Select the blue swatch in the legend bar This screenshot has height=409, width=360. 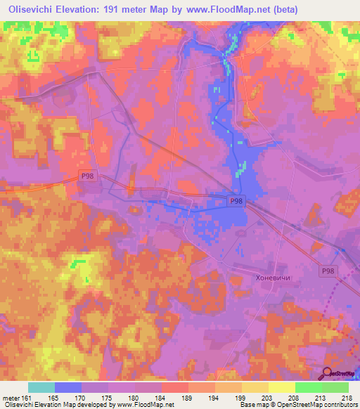coord(68,387)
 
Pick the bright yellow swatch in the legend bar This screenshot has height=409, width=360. coord(281,387)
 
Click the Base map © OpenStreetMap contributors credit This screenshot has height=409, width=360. coord(296,405)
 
